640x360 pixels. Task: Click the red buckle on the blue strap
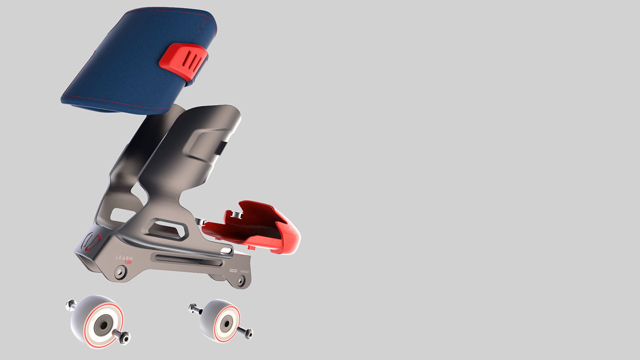click(x=183, y=62)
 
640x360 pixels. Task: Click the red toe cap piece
click(x=256, y=227)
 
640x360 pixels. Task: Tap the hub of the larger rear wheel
click(x=98, y=322)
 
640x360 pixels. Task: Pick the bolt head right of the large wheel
click(x=125, y=337)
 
